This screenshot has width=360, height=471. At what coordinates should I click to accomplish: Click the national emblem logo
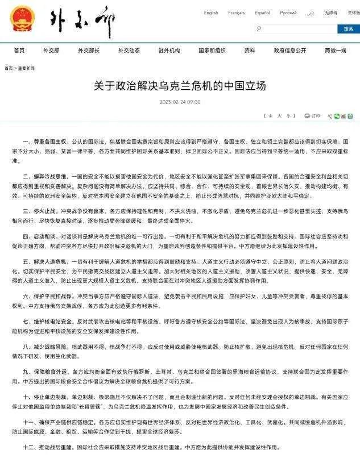[x=22, y=19]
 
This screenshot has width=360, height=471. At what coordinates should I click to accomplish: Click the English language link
[x=211, y=12]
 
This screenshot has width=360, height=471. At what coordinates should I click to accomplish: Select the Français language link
[x=236, y=12]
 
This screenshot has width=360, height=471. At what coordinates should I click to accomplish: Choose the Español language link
[x=262, y=12]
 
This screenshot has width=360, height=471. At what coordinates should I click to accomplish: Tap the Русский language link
[x=288, y=12]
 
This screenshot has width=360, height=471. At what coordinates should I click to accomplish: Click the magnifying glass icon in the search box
[x=259, y=28]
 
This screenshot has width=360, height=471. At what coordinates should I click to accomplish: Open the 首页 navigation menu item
[x=19, y=51]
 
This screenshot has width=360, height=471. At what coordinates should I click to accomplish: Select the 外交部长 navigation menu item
[x=89, y=51]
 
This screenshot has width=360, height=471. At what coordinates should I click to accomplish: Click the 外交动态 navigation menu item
[x=129, y=51]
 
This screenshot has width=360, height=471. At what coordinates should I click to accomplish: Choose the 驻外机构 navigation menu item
[x=169, y=51]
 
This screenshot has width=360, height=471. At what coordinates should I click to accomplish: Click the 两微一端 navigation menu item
[x=336, y=51]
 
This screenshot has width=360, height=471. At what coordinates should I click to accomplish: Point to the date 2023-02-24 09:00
[x=180, y=102]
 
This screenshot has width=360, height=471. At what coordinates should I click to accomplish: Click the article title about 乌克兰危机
[x=180, y=87]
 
